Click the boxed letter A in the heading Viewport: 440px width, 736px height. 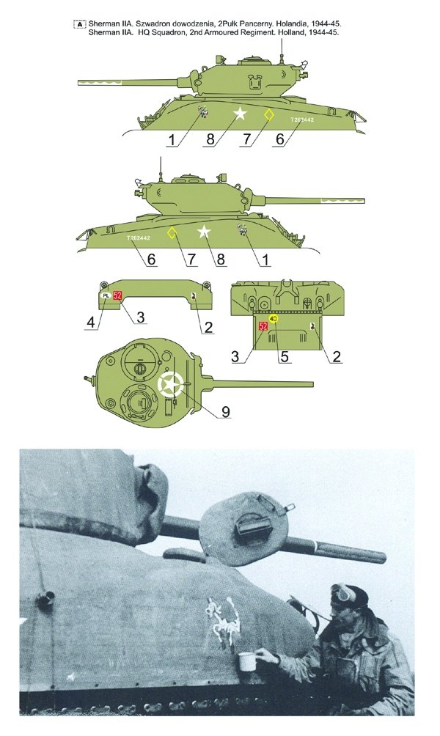pos(78,24)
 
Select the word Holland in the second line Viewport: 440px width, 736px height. pos(288,34)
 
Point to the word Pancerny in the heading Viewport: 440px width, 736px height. pos(250,24)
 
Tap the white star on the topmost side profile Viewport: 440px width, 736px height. pos(240,114)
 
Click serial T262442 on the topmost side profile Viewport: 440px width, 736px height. pos(302,119)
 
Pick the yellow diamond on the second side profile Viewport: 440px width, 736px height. pos(172,233)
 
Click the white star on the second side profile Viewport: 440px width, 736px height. pos(204,232)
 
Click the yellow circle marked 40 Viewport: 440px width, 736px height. pos(273,319)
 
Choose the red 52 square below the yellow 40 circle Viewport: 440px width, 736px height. pos(263,325)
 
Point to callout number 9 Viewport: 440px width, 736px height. pos(226,412)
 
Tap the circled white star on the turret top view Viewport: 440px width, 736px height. pos(170,384)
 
